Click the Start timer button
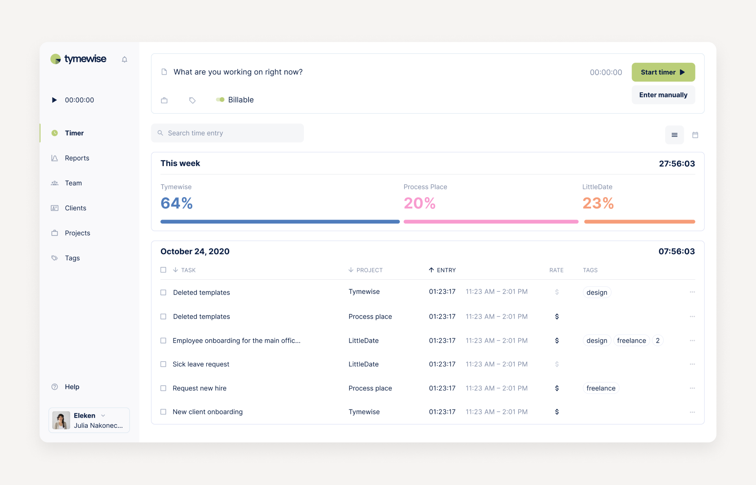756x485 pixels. (x=663, y=72)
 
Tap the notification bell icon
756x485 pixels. (x=124, y=60)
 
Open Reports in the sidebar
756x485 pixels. (x=77, y=158)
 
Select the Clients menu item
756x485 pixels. (x=75, y=208)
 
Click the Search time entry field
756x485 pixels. (x=227, y=133)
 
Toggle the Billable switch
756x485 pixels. (x=220, y=100)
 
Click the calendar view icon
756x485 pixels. (x=695, y=135)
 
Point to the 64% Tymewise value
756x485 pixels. (x=176, y=203)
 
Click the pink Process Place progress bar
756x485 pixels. (x=491, y=222)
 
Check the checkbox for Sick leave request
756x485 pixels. (x=163, y=364)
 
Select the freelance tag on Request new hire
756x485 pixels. (x=600, y=388)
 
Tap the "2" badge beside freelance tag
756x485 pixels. (x=658, y=341)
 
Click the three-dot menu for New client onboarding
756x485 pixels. (x=692, y=412)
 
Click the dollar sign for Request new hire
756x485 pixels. (x=557, y=388)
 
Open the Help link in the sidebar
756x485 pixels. (x=72, y=387)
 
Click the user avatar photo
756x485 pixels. (x=61, y=420)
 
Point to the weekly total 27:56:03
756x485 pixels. (x=676, y=164)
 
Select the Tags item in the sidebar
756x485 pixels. (x=72, y=258)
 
